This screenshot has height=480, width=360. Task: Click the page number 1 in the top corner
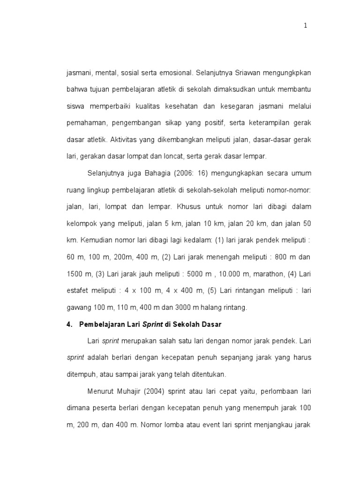(x=305, y=26)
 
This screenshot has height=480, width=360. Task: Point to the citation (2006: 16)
(x=190, y=173)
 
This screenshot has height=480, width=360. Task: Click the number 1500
(x=74, y=274)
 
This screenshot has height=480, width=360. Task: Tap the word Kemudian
(x=97, y=240)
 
